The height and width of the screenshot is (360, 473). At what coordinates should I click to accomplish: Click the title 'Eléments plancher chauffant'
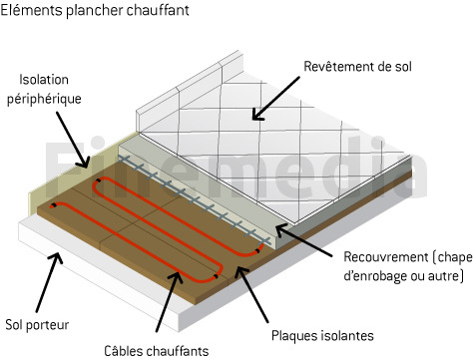[95, 10]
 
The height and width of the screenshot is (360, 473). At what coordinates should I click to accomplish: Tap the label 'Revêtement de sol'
[357, 67]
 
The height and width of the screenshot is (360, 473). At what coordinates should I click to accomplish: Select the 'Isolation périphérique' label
[44, 90]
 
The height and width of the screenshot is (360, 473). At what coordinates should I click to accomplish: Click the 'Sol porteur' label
[37, 325]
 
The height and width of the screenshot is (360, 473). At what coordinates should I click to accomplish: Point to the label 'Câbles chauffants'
[157, 351]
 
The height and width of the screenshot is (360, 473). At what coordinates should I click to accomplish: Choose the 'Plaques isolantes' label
[322, 336]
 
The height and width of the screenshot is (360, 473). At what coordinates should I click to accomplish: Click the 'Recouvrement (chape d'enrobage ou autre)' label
[408, 266]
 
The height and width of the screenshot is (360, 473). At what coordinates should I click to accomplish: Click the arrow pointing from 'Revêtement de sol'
[275, 99]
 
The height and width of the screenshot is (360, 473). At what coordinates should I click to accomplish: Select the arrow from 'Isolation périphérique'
[73, 140]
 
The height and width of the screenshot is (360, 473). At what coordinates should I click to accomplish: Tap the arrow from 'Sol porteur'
[49, 282]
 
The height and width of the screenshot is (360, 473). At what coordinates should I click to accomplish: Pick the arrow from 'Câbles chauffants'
[169, 302]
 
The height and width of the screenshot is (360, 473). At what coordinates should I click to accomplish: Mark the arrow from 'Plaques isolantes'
[251, 294]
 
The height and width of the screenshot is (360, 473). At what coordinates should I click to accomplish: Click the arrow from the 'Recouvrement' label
[303, 240]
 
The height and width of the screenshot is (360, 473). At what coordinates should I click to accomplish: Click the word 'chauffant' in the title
[158, 10]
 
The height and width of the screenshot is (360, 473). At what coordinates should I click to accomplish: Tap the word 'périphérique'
[44, 99]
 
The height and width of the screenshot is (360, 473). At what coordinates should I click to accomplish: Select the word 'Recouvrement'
[386, 257]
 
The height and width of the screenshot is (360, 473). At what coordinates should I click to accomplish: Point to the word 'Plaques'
[291, 336]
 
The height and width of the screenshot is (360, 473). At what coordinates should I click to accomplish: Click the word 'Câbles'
[124, 351]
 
